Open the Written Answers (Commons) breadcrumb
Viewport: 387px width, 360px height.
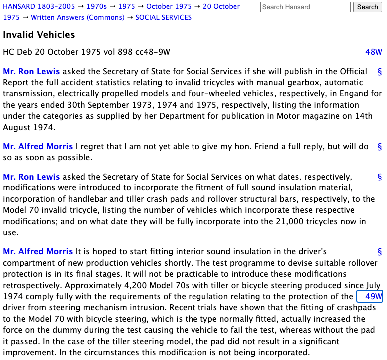[x=77, y=17]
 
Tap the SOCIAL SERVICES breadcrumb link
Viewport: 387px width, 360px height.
[x=163, y=17]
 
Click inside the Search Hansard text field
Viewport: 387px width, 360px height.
[x=305, y=7]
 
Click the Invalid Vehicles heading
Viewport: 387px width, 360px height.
[x=39, y=35]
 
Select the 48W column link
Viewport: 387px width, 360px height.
[x=373, y=52]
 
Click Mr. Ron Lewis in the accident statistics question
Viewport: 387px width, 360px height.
[x=31, y=71]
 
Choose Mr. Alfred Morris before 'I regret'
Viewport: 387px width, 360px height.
[x=38, y=146]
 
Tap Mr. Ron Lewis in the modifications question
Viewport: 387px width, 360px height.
[x=31, y=177]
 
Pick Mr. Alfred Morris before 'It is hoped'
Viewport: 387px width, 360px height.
[x=38, y=252]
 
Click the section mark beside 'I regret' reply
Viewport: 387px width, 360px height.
[x=379, y=147]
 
